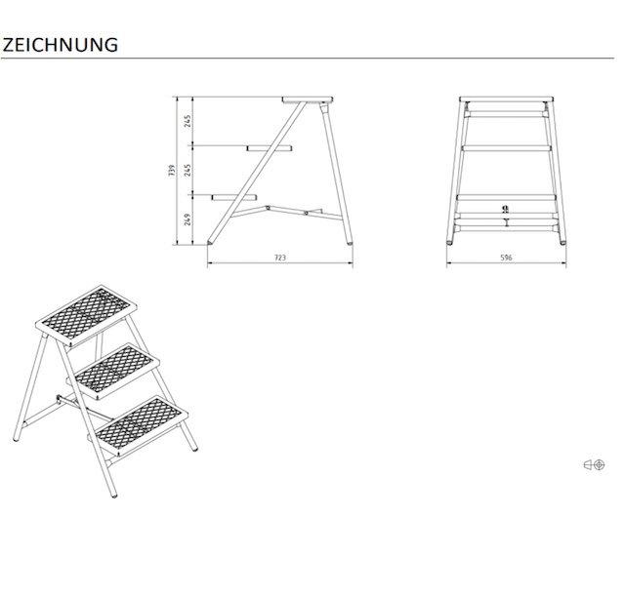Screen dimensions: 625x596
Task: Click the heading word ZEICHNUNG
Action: click(x=61, y=45)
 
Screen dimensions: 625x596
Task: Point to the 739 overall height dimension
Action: click(x=172, y=171)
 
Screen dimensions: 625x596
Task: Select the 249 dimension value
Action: click(x=187, y=219)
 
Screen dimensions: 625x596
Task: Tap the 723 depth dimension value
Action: click(x=280, y=258)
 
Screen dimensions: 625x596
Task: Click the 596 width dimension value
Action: click(x=506, y=258)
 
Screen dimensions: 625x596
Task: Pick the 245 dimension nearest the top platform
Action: click(x=187, y=121)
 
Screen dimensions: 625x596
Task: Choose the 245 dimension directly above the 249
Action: click(x=187, y=170)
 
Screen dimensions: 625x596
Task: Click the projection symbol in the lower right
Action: click(x=595, y=464)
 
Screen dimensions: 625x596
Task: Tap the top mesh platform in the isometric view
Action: click(x=86, y=316)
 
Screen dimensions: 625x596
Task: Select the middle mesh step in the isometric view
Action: click(x=114, y=371)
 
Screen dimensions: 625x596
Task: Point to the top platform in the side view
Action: click(x=308, y=99)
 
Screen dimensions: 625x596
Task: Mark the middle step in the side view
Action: click(x=270, y=148)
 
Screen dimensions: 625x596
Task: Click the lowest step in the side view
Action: click(x=234, y=197)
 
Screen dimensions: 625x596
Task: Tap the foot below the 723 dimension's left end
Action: click(x=210, y=242)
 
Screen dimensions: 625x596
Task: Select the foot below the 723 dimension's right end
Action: click(x=350, y=242)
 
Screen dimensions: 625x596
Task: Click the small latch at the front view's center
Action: click(x=506, y=209)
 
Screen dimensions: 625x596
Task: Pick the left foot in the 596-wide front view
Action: click(x=450, y=241)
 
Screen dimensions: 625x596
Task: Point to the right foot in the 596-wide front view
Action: click(x=562, y=241)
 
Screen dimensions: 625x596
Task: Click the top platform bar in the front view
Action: click(x=506, y=99)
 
